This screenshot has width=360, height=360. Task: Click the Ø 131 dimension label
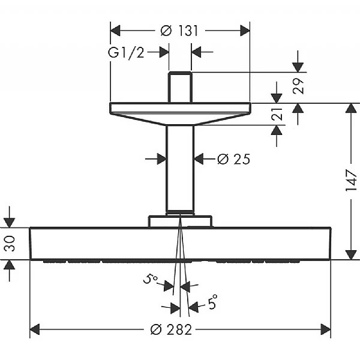pos(180,31)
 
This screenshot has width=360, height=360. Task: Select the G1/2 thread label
pos(126,53)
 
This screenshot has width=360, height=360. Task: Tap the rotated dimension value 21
pos(277,115)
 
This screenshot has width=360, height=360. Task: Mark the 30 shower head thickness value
pos(10,244)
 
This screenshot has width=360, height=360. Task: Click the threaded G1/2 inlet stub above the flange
pos(180,87)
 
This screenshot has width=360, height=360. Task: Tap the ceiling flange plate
pos(180,111)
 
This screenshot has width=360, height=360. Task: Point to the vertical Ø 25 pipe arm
pos(180,168)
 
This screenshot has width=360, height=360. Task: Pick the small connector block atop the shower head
pos(180,221)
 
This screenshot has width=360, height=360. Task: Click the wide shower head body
pos(180,244)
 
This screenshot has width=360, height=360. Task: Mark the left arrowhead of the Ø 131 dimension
pos(115,31)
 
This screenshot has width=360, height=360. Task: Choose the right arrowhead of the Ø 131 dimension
pos(245,31)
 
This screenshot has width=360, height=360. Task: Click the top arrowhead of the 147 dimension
pos(350,109)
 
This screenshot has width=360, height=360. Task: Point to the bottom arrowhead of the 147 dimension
pos(350,254)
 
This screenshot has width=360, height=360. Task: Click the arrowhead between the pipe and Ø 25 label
pos(199,159)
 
